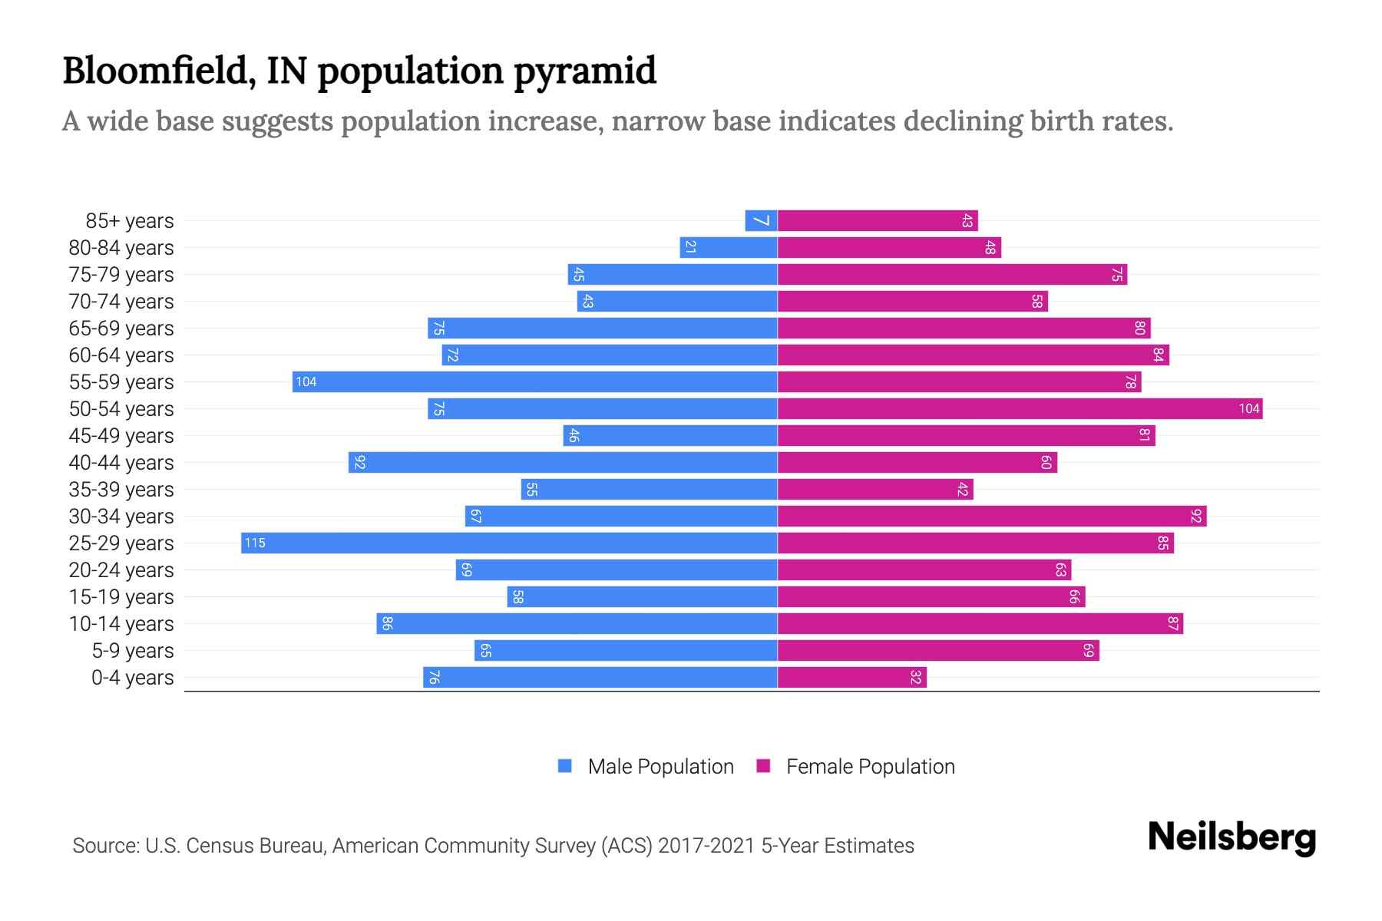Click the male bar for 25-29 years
pos(509,543)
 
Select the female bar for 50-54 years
pos(1020,408)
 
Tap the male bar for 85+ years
pos(761,220)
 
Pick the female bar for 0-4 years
pos(852,677)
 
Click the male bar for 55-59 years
pos(534,381)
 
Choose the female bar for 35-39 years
pos(875,489)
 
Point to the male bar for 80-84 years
pos(729,247)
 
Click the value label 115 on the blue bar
pos(254,543)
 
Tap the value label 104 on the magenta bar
pos(1248,408)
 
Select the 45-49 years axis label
pos(121,436)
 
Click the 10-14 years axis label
pos(121,624)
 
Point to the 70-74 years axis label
pos(121,302)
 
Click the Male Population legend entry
pos(660,766)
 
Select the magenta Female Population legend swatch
pos(763,766)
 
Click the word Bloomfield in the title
pos(158,71)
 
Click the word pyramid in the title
pos(584,71)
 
